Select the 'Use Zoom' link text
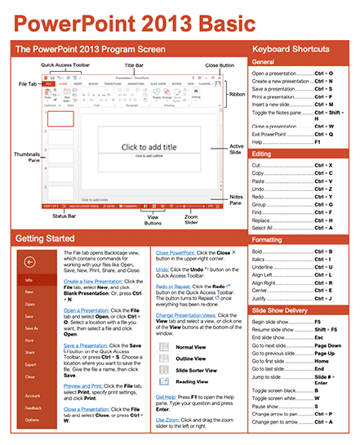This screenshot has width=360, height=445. (x=169, y=420)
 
